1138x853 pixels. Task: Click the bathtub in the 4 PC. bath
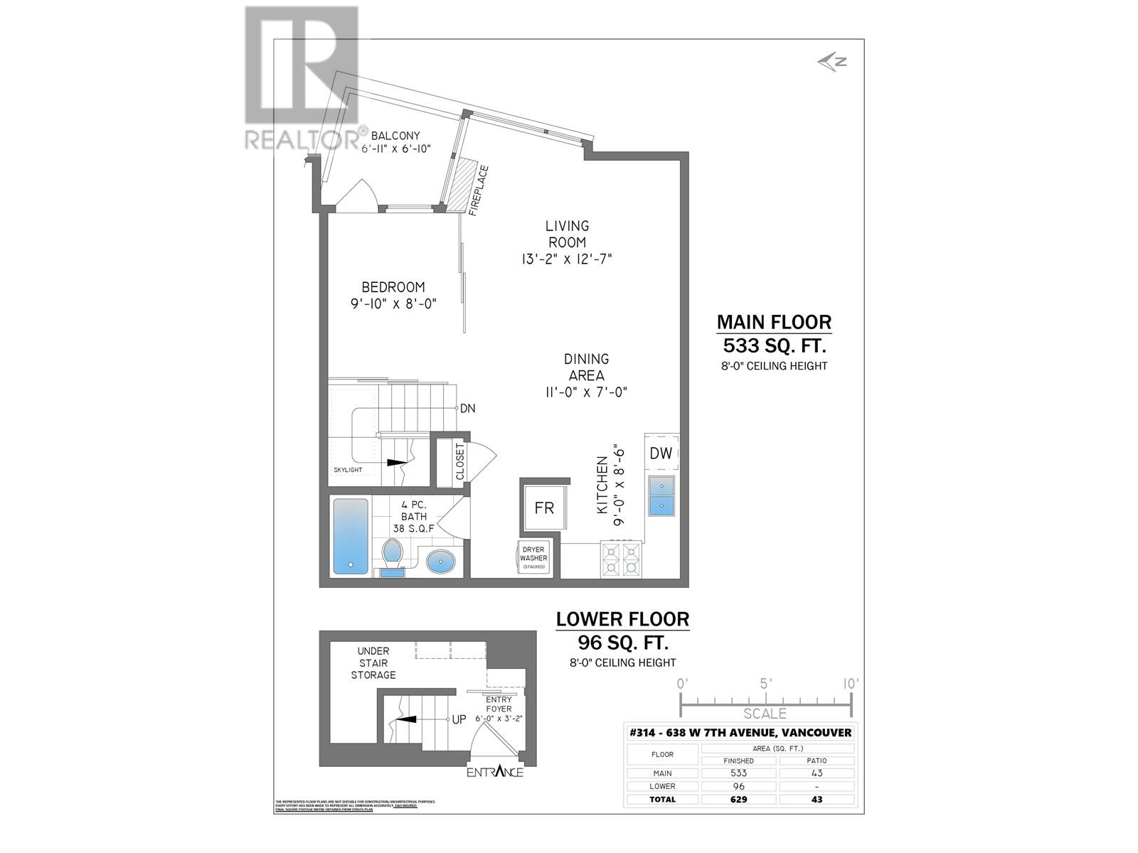(x=351, y=536)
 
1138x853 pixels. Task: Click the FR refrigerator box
(x=544, y=508)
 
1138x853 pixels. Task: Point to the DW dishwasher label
(x=661, y=454)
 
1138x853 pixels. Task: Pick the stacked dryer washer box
(x=533, y=558)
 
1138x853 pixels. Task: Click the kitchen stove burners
(x=621, y=559)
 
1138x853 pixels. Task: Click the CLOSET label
(x=459, y=462)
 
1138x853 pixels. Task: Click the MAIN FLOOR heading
(x=774, y=322)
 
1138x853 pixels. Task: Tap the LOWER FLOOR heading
(x=622, y=619)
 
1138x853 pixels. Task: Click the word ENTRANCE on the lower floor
(x=495, y=772)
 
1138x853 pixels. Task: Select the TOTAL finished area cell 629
(x=738, y=799)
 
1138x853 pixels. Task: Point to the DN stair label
(x=467, y=409)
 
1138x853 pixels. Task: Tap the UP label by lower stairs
(x=459, y=719)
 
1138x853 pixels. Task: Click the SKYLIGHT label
(x=348, y=470)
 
